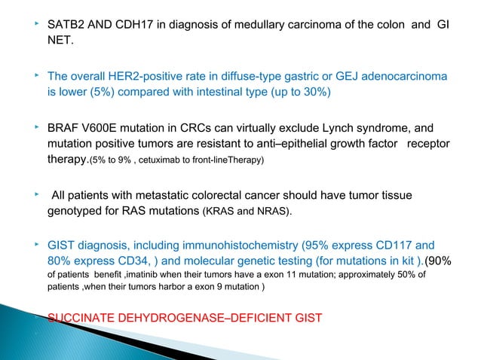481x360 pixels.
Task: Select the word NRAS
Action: point(269,214)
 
